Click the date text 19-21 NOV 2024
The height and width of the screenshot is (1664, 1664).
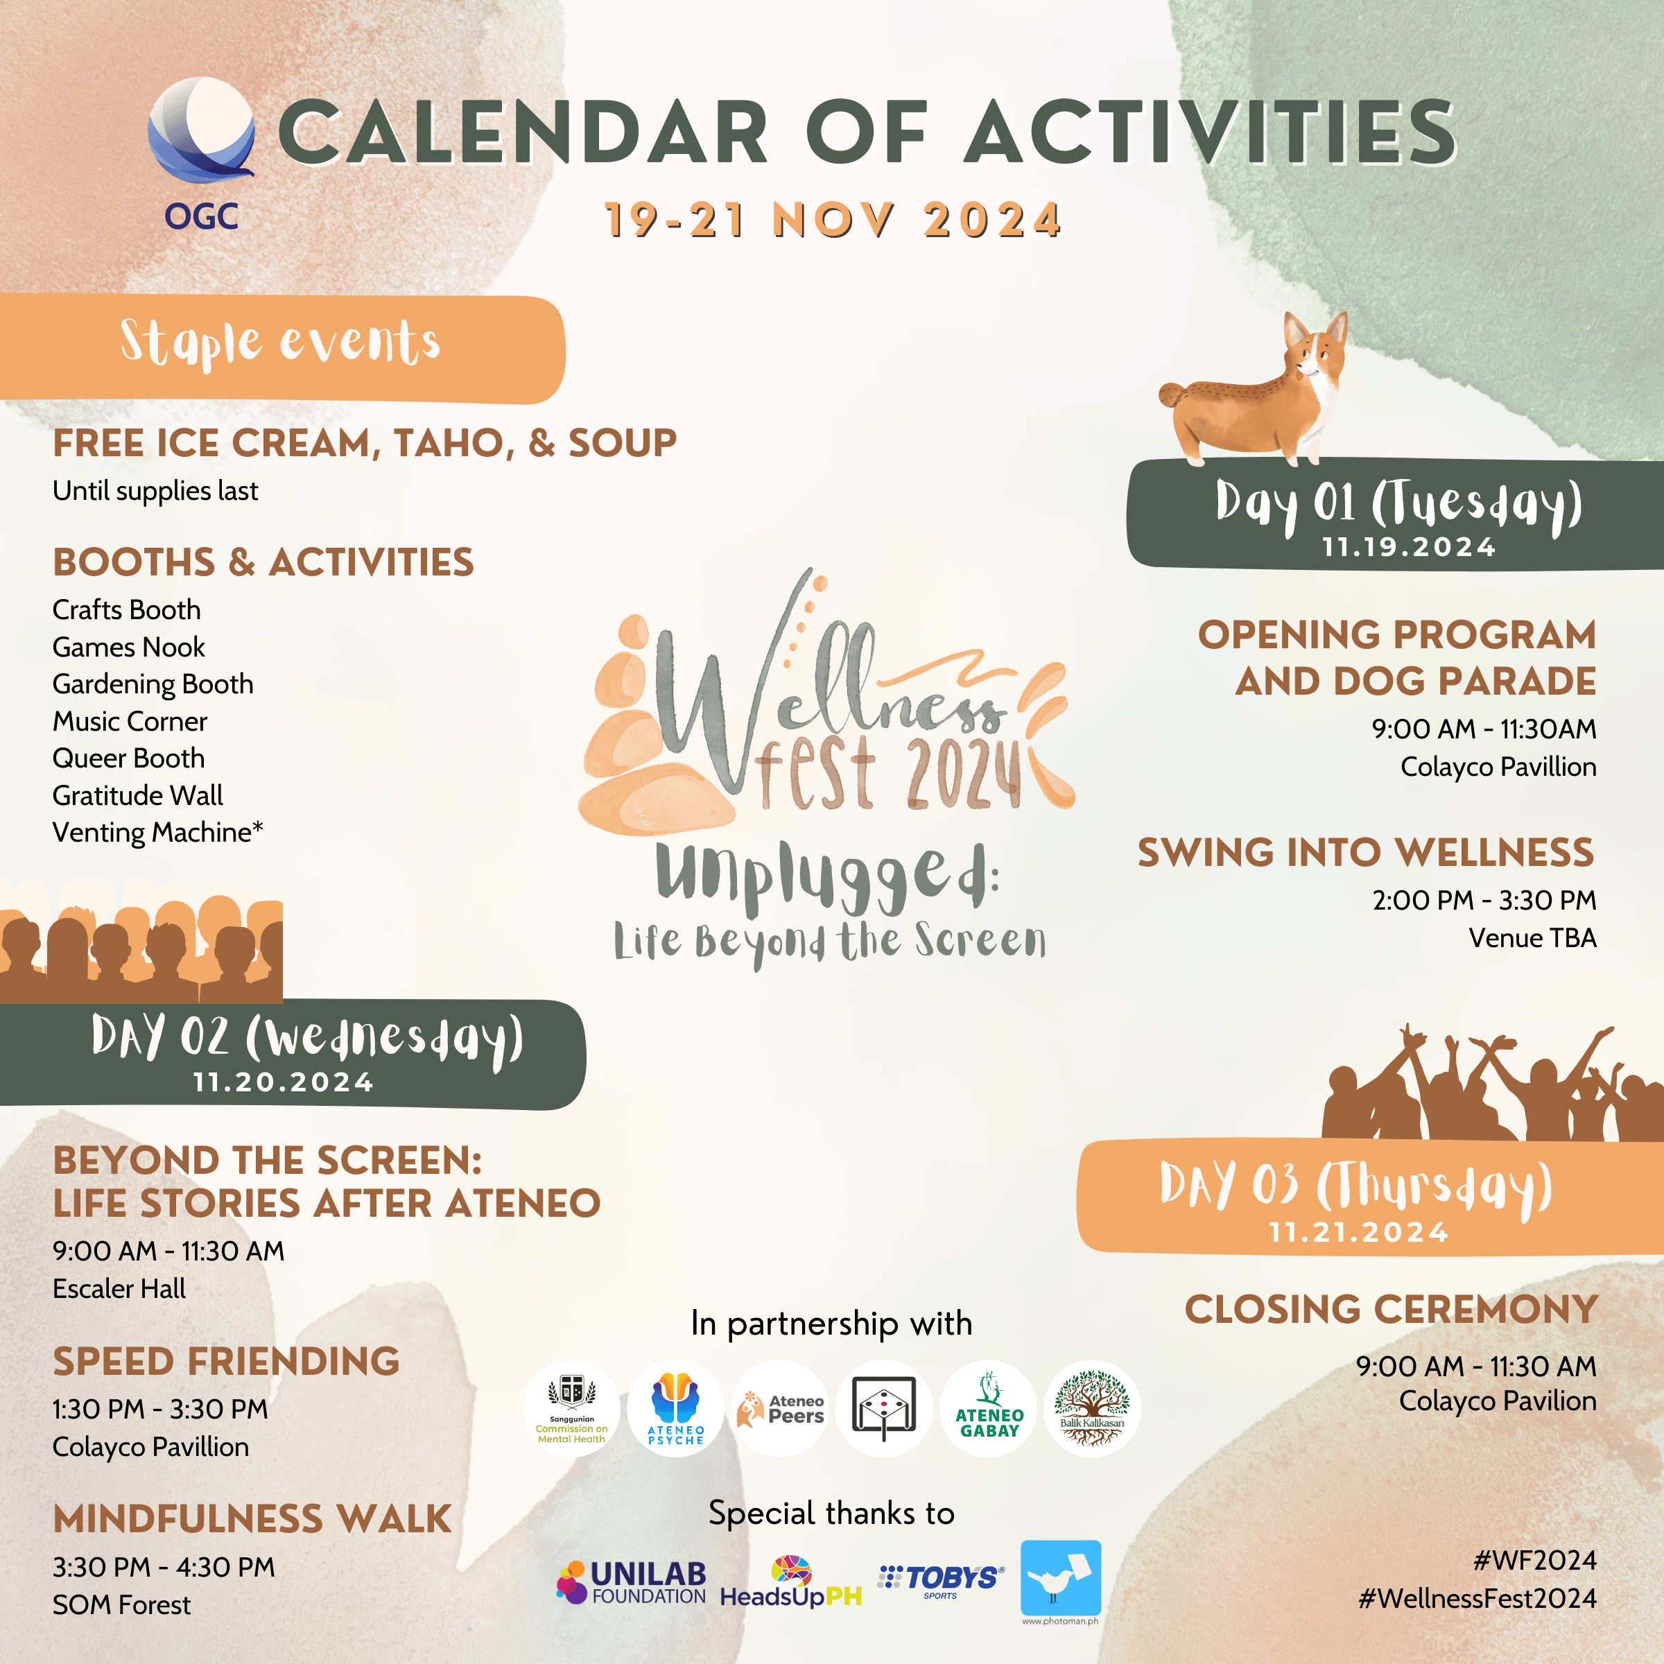pos(832,220)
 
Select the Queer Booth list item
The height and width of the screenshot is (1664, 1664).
pos(128,758)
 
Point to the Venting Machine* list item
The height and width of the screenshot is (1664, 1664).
pos(157,832)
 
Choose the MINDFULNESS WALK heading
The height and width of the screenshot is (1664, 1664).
pos(252,1519)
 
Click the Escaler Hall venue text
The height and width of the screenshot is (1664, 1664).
pos(119,1288)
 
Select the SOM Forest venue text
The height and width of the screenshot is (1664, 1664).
pos(121,1604)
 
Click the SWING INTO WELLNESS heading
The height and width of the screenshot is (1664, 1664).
pos(1366,853)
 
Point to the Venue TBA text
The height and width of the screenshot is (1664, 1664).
pos(1532,937)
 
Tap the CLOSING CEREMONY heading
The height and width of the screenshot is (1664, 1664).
pos(1391,1310)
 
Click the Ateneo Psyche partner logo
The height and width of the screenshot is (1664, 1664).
pos(676,1409)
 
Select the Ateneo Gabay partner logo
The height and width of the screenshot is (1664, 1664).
pos(989,1409)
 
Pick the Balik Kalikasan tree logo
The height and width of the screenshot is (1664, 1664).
pos(1092,1409)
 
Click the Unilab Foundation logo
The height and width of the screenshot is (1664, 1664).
pos(632,1583)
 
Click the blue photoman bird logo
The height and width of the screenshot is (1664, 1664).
pos(1060,1577)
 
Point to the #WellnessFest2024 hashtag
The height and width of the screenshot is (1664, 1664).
pos(1477,1599)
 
